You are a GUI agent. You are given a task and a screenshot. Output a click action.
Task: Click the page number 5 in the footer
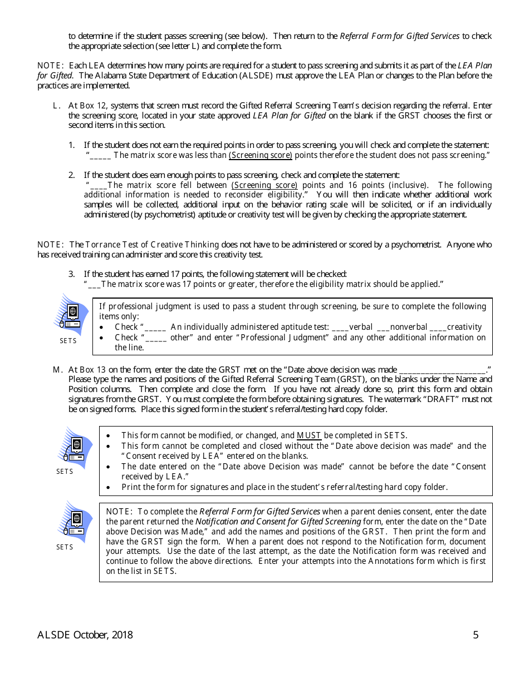[x=476, y=635]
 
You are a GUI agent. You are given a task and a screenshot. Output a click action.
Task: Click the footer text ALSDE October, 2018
[x=85, y=635]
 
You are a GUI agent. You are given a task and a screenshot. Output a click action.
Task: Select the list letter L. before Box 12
[x=56, y=106]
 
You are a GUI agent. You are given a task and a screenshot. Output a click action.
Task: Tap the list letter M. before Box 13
[x=57, y=369]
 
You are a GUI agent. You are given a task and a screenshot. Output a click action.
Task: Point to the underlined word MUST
[x=309, y=435]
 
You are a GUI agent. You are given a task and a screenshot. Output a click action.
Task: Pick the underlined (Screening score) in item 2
[x=264, y=185]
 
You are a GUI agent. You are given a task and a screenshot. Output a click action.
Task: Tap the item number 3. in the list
[x=72, y=274]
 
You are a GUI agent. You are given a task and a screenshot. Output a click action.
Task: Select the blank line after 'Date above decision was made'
[x=442, y=369]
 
